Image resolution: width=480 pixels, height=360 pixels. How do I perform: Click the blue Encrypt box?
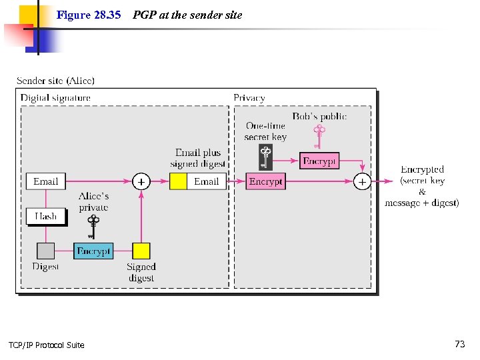(93, 251)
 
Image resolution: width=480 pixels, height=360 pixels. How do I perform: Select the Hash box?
(46, 216)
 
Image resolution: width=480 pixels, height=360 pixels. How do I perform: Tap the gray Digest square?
(45, 251)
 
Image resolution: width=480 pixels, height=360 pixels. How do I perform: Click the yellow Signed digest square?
(141, 251)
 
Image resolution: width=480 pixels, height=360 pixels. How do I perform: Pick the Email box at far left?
(46, 181)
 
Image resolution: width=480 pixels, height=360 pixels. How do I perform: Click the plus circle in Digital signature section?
(141, 181)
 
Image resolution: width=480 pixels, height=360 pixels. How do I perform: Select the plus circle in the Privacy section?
(362, 181)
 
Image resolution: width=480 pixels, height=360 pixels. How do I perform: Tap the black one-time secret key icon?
(265, 157)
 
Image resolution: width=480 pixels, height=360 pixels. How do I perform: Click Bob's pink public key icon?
(319, 136)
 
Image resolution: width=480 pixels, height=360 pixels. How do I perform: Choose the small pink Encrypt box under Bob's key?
(320, 161)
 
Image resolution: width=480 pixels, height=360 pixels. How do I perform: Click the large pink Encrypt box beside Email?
(265, 181)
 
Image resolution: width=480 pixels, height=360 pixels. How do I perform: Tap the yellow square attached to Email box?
(178, 181)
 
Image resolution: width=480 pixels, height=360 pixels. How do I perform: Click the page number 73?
(460, 344)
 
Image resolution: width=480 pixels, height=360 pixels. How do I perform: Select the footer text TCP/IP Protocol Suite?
(47, 345)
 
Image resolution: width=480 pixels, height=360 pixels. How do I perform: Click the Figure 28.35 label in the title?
(89, 15)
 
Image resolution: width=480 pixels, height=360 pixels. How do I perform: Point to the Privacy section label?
(249, 98)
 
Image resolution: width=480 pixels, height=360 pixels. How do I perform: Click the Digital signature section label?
(55, 98)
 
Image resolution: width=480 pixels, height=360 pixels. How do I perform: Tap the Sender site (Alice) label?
(55, 81)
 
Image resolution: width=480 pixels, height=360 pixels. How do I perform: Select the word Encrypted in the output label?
(422, 170)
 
